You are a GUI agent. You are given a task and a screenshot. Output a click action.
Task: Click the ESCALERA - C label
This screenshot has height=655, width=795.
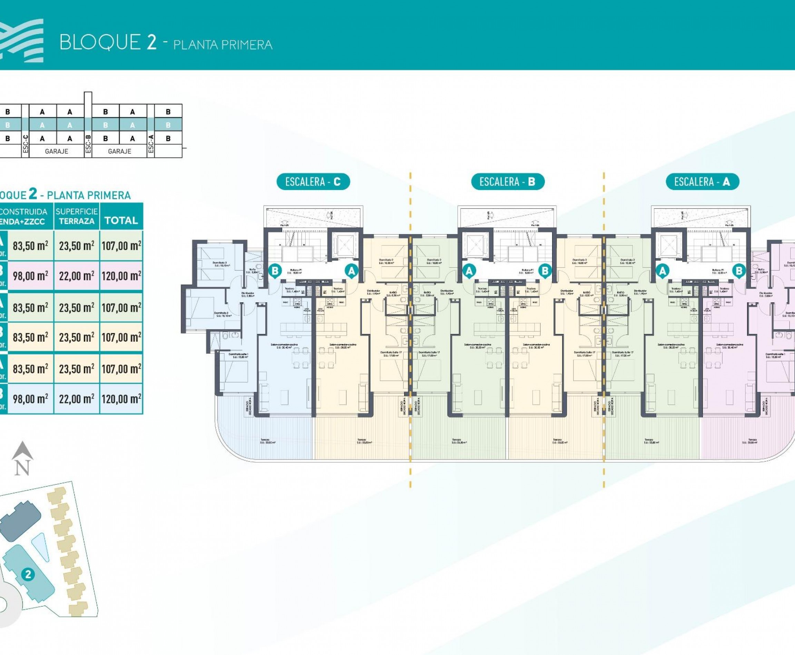click(x=313, y=182)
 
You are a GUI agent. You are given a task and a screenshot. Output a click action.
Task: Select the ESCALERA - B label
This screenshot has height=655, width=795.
click(x=508, y=182)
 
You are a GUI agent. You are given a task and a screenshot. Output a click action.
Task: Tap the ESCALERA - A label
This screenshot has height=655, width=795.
click(x=702, y=182)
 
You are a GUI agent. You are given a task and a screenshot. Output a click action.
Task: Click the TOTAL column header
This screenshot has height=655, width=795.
click(x=121, y=220)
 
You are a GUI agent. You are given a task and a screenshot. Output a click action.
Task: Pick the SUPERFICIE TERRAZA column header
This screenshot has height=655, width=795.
click(x=77, y=216)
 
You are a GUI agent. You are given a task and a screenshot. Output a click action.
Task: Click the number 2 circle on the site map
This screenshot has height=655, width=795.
click(x=28, y=575)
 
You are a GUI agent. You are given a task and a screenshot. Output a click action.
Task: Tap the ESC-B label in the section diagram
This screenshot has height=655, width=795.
click(x=88, y=144)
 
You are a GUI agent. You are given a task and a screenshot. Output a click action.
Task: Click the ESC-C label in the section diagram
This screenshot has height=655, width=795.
click(x=25, y=144)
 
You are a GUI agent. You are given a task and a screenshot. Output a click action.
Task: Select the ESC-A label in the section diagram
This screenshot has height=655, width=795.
click(x=151, y=144)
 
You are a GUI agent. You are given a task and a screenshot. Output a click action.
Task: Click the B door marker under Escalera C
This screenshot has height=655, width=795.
click(x=275, y=271)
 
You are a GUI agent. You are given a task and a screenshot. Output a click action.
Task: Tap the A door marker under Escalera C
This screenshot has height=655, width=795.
click(x=352, y=271)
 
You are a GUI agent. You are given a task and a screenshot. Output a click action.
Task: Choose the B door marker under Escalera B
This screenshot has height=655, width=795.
click(x=545, y=271)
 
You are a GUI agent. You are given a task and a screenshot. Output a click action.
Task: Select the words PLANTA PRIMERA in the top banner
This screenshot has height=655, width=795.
click(x=223, y=45)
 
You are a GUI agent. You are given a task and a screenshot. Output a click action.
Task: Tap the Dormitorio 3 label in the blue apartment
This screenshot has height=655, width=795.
click(x=219, y=263)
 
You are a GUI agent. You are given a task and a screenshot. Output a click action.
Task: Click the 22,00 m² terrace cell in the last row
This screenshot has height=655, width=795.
click(x=77, y=399)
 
